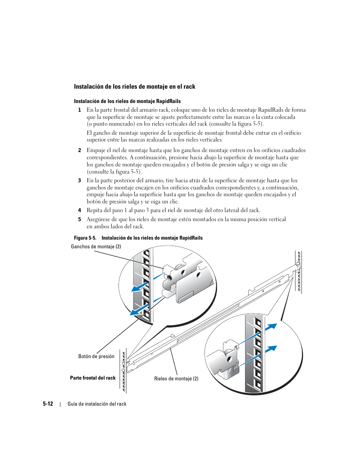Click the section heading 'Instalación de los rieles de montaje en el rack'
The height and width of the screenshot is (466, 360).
pos(134,87)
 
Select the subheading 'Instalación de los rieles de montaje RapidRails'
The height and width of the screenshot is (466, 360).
pos(127,101)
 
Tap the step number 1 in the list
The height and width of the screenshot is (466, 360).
pos(79,110)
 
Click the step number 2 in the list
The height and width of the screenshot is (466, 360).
pos(79,150)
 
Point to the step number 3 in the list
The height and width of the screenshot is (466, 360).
pos(79,181)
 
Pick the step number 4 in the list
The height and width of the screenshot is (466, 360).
pos(79,211)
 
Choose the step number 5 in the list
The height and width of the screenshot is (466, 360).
pos(79,220)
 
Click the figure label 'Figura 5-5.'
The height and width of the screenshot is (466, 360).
pos(85,238)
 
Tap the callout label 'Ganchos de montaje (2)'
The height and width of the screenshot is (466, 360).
pos(96,247)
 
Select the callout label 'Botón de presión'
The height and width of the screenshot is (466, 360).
pos(96,357)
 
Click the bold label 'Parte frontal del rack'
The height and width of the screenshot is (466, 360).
pos(93,378)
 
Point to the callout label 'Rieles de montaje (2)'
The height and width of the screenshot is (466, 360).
pos(176,379)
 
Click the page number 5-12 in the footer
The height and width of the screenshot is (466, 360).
pos(48,404)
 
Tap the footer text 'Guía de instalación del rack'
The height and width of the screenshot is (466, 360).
pos(97,404)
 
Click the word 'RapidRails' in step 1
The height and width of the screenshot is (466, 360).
pos(271,110)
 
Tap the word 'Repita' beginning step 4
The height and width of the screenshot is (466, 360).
pos(94,211)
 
